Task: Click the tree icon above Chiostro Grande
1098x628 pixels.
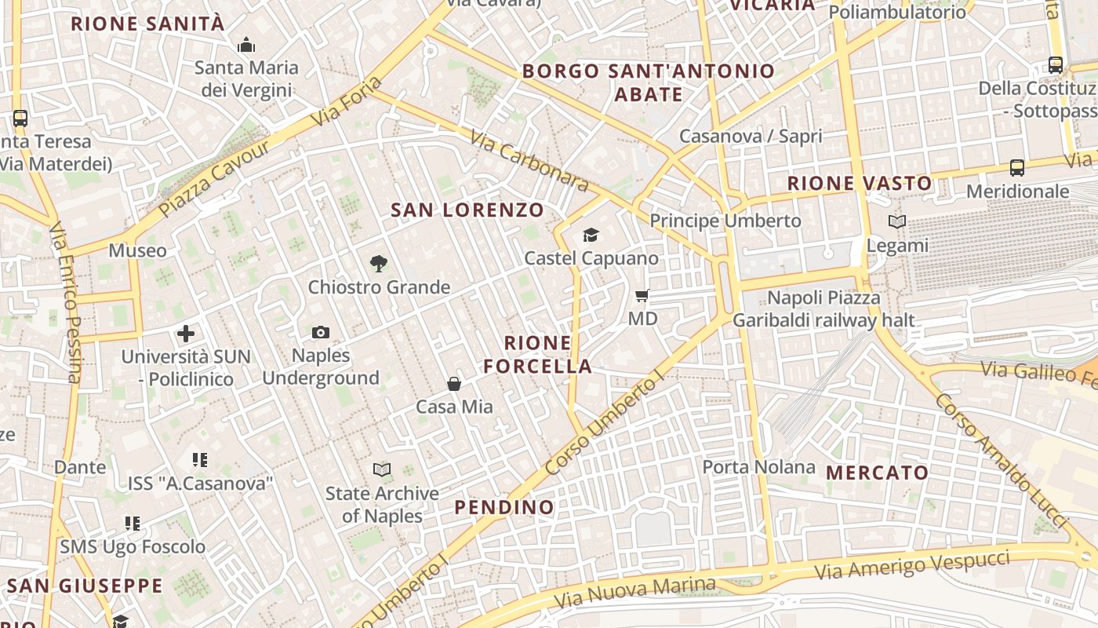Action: pyautogui.click(x=379, y=263)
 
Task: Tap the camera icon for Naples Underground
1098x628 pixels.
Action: pyautogui.click(x=320, y=332)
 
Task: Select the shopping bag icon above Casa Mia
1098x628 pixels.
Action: pyautogui.click(x=454, y=383)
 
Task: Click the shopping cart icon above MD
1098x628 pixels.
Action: pyautogui.click(x=642, y=295)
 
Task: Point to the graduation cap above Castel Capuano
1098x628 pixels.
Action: pyautogui.click(x=591, y=235)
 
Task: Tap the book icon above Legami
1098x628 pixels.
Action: pyautogui.click(x=897, y=222)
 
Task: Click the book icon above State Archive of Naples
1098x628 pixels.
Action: pyautogui.click(x=382, y=469)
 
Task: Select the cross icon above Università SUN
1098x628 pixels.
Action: pyautogui.click(x=186, y=334)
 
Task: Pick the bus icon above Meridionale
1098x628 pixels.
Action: pyautogui.click(x=1017, y=167)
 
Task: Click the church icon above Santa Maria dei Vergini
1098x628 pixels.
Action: pyautogui.click(x=246, y=45)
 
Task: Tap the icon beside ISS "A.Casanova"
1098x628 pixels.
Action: pyautogui.click(x=200, y=459)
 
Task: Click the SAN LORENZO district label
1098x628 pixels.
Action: pyautogui.click(x=467, y=210)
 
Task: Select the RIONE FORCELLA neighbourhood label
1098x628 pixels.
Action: pyautogui.click(x=538, y=354)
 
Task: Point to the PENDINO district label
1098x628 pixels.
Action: pyautogui.click(x=504, y=507)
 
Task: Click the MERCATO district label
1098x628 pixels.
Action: pyautogui.click(x=877, y=473)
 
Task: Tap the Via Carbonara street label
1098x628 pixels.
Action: pyautogui.click(x=529, y=161)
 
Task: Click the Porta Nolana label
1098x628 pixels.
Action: pyautogui.click(x=758, y=467)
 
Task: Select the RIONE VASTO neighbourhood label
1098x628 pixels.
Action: pyautogui.click(x=860, y=184)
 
